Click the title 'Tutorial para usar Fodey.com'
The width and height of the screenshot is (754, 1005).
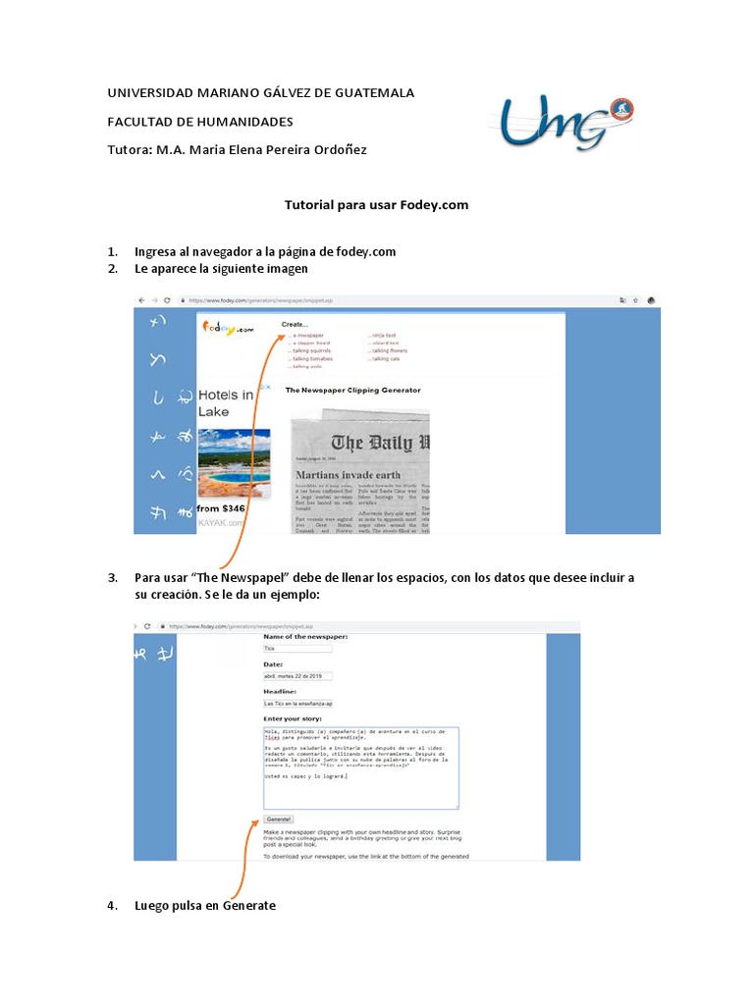(x=376, y=205)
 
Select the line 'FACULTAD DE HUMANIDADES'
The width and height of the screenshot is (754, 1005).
(x=199, y=121)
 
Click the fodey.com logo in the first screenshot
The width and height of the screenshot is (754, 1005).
(x=229, y=329)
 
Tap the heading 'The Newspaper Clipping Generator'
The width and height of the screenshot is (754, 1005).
(x=352, y=390)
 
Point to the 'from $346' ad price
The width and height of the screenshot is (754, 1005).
(x=220, y=508)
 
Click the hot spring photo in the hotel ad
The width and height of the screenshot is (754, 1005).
(x=234, y=462)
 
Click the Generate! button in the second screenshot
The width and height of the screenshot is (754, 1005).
(x=279, y=819)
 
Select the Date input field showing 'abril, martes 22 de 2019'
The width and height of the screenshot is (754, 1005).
(x=298, y=676)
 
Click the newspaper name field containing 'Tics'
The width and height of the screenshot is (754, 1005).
(x=298, y=649)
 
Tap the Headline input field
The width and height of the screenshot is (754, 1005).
(x=298, y=704)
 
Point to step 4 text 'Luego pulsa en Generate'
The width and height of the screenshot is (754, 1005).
(x=204, y=906)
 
